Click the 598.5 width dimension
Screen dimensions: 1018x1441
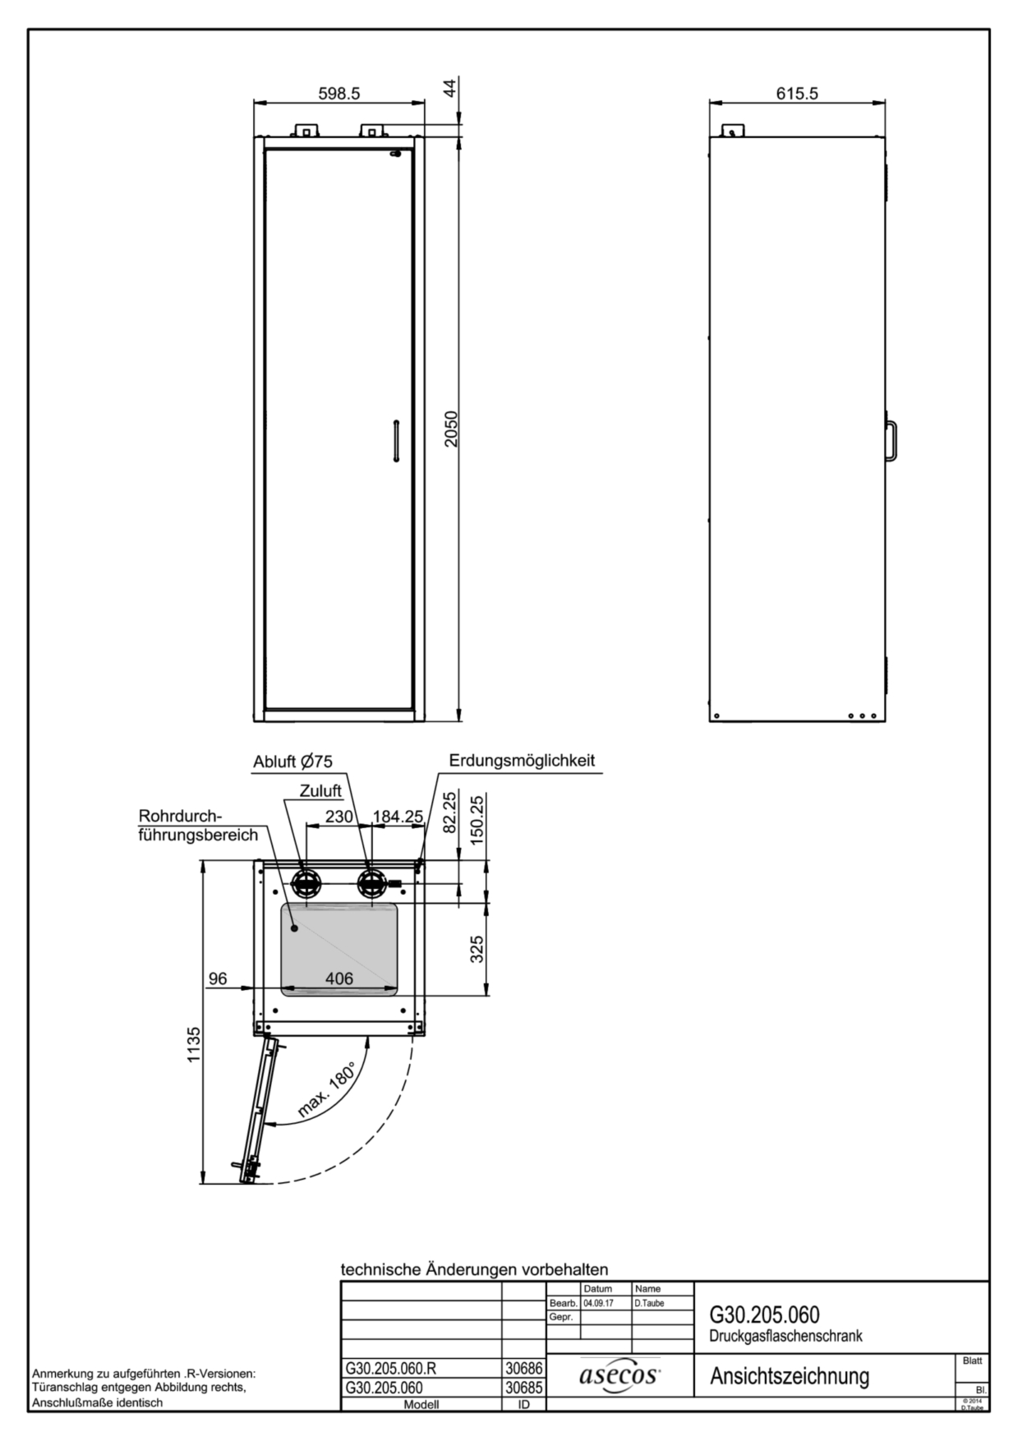[x=339, y=94]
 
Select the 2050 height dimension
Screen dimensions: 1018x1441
[x=452, y=429]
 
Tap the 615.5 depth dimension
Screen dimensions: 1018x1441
[x=797, y=94]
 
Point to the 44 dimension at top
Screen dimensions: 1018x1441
[x=451, y=88]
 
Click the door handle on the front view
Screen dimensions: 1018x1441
[x=395, y=442]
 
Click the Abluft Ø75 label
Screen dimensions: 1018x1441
[x=293, y=762]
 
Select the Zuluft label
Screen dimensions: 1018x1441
[x=320, y=791]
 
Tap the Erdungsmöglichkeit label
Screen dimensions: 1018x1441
[x=522, y=761]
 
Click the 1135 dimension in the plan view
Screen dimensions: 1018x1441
[x=194, y=1044]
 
